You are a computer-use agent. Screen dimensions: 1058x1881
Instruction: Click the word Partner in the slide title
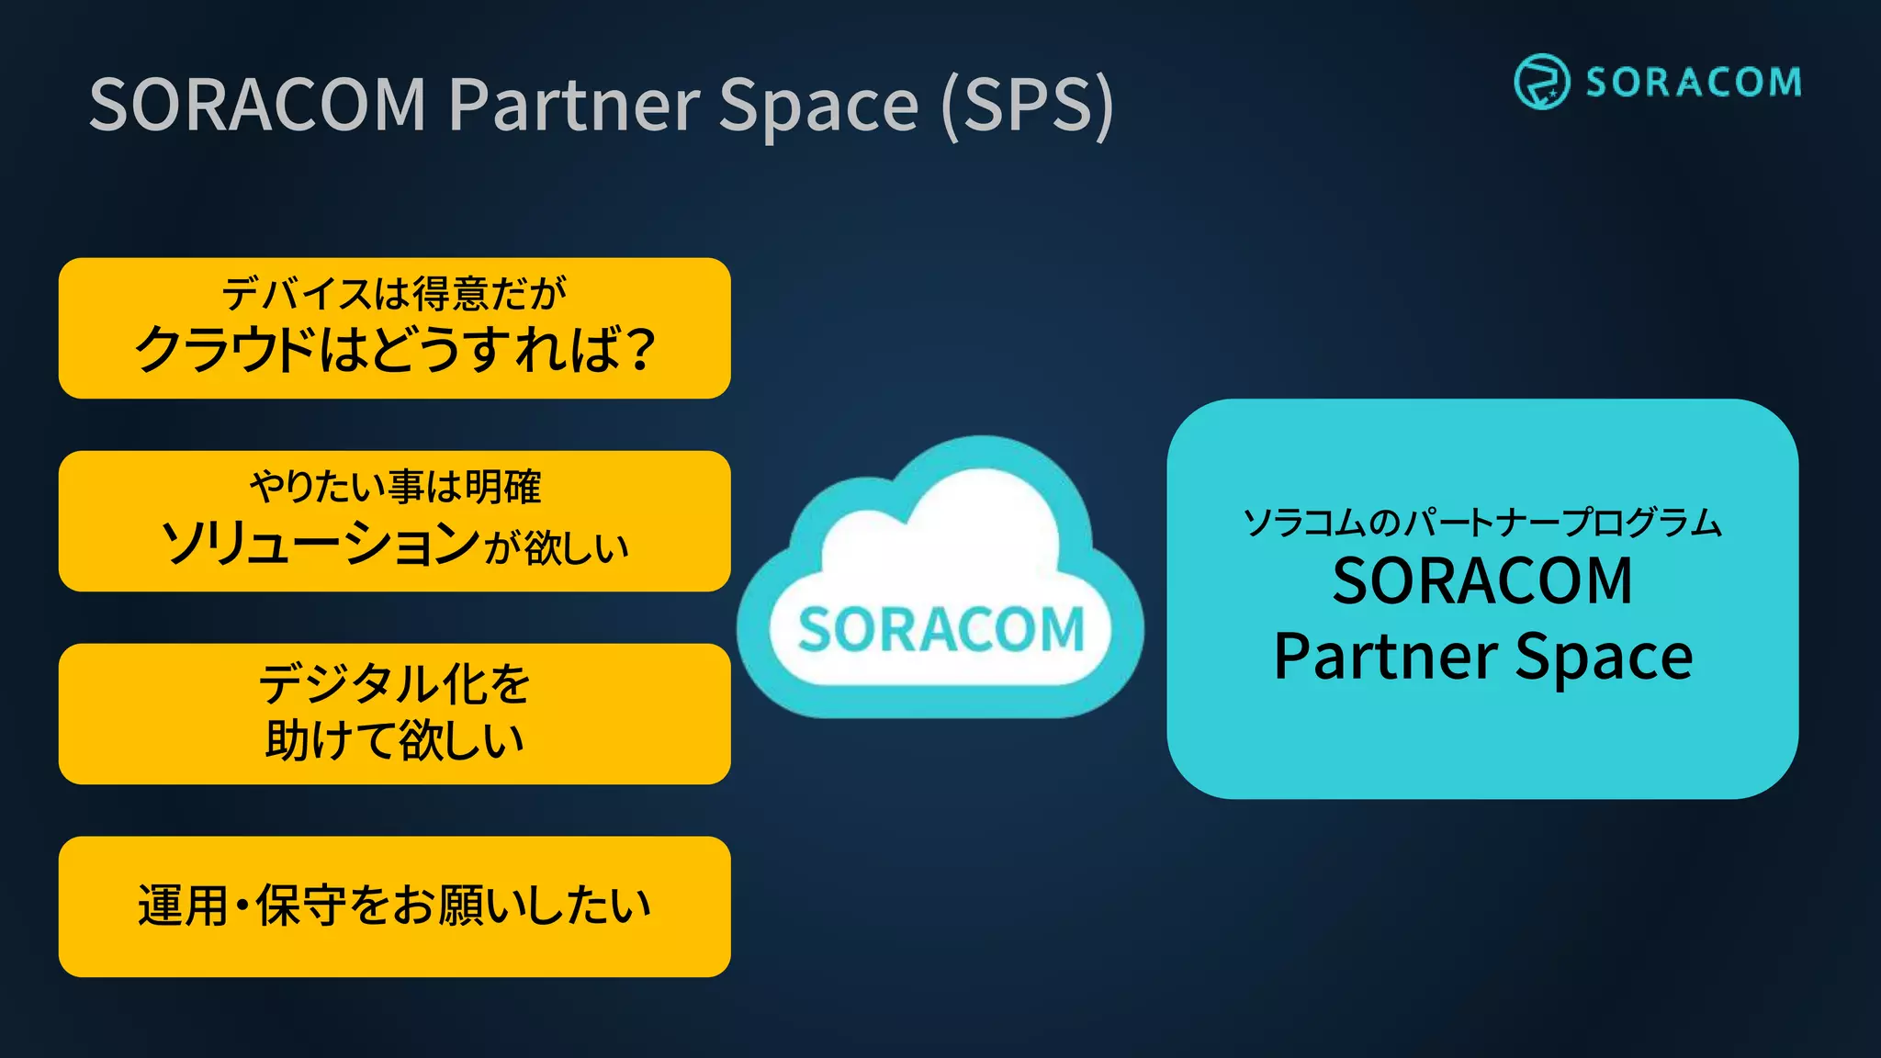[x=574, y=105]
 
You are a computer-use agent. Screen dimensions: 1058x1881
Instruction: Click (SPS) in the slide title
[x=1029, y=105]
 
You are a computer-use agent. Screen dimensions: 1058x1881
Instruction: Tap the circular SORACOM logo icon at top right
[x=1541, y=82]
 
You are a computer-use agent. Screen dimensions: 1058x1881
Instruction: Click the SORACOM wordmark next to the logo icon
[x=1694, y=83]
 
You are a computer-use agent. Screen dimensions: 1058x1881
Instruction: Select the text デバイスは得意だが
[x=394, y=294]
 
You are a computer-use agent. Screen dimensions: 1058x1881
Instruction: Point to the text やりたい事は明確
[x=395, y=487]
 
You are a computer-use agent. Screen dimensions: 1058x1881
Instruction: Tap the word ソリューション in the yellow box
[x=321, y=545]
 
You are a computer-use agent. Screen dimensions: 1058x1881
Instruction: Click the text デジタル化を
[x=395, y=683]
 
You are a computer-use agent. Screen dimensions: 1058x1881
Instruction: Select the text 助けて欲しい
[x=395, y=740]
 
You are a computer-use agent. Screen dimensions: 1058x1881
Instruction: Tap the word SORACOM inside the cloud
[x=940, y=630]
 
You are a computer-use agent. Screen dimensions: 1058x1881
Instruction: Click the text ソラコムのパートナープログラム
[x=1481, y=523]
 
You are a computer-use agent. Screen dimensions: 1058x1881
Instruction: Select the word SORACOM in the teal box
[x=1482, y=580]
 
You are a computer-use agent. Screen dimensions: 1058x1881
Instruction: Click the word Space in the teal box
[x=1604, y=657]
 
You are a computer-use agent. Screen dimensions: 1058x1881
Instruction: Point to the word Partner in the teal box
[x=1386, y=657]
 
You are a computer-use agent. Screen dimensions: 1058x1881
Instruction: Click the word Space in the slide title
[x=818, y=105]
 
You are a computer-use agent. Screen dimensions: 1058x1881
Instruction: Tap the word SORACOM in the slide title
[x=258, y=105]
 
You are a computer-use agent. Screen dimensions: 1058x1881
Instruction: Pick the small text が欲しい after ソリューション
[x=557, y=548]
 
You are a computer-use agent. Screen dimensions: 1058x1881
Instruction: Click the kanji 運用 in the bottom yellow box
[x=182, y=906]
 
